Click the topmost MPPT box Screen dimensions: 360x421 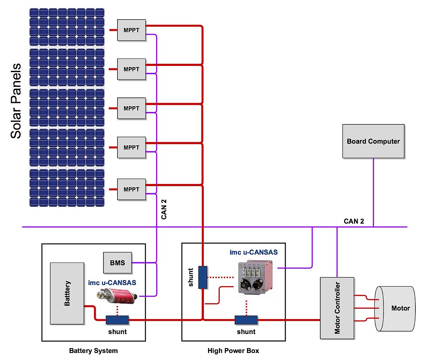[131, 30]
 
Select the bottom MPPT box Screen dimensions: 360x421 [131, 189]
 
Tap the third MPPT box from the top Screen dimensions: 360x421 [131, 108]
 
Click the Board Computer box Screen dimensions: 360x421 [373, 141]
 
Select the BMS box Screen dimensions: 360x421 [118, 263]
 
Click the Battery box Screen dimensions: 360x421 [67, 293]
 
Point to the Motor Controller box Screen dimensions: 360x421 [337, 308]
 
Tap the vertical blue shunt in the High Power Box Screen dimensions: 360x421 [203, 277]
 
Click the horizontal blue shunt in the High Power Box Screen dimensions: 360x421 [246, 320]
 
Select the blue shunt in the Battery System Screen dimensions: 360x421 [117, 320]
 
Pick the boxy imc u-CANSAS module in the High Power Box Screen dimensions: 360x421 [255, 277]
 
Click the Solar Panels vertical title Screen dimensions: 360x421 [16, 101]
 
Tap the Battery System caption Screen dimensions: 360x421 [93, 351]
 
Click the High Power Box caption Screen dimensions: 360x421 [233, 351]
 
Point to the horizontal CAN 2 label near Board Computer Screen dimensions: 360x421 [354, 221]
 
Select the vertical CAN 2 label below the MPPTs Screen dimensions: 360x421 [164, 209]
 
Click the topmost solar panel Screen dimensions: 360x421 [67, 27]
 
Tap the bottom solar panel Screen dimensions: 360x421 [67, 188]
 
